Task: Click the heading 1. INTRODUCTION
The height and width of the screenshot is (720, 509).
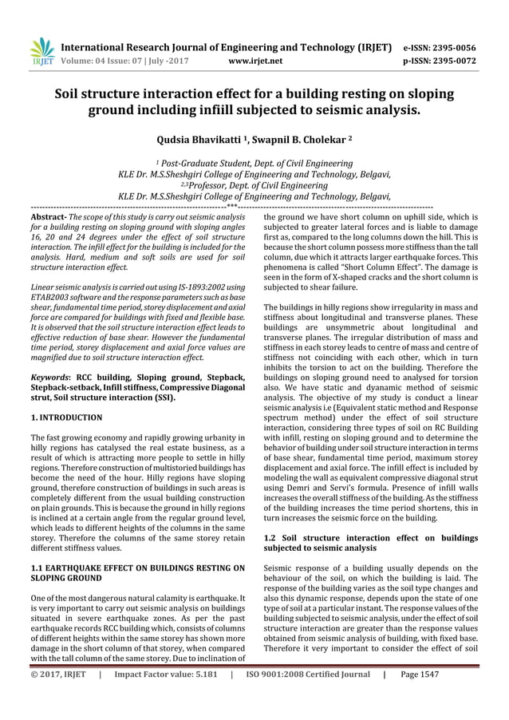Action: pos(65,417)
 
